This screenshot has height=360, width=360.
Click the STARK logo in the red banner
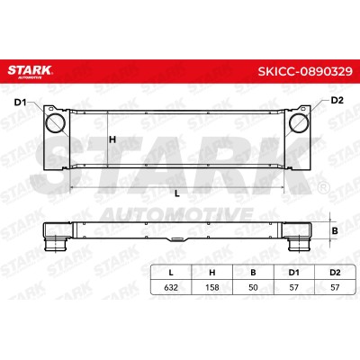click(x=30, y=71)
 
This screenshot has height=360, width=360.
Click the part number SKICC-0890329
click(x=305, y=71)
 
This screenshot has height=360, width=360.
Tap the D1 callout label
click(x=20, y=103)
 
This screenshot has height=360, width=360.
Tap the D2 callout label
click(x=337, y=100)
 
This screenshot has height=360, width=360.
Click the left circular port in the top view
click(x=55, y=123)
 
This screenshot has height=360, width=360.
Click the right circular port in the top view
click(x=299, y=123)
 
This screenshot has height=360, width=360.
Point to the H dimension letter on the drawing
click(x=112, y=139)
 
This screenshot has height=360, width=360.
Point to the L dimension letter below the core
click(x=177, y=194)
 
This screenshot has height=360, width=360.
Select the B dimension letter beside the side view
click(x=335, y=231)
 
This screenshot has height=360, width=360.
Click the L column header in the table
click(x=171, y=273)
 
